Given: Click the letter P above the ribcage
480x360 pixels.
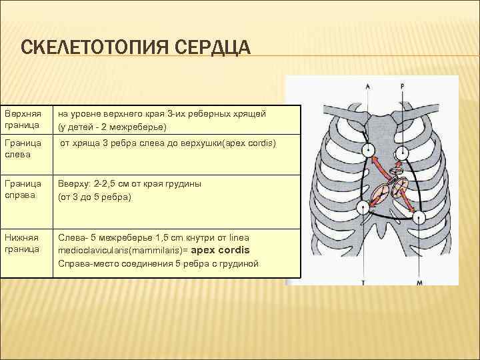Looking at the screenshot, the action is [x=403, y=86].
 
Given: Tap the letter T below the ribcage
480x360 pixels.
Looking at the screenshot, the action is [x=363, y=282].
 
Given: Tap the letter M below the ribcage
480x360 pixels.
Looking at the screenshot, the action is [x=420, y=282].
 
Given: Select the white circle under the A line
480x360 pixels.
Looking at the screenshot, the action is [x=368, y=151].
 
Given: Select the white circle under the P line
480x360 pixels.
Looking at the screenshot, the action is [x=403, y=153].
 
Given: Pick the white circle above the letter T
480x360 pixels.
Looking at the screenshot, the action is [x=363, y=207].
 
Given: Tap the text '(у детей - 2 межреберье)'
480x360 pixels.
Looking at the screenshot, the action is [x=112, y=127].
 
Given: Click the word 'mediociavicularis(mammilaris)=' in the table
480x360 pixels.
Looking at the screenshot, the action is [x=123, y=251].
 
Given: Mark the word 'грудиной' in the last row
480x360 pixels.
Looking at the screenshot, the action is [x=241, y=263].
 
